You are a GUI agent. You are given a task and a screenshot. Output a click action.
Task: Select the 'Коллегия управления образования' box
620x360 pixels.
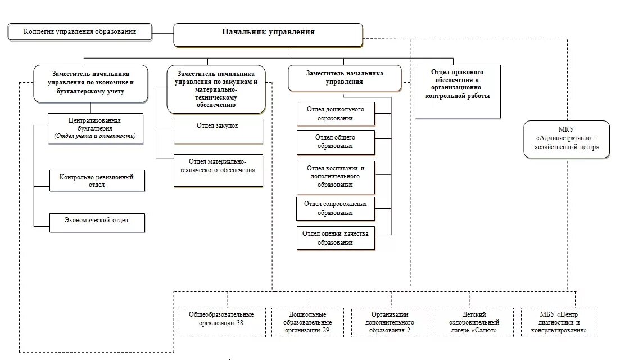pos(80,31)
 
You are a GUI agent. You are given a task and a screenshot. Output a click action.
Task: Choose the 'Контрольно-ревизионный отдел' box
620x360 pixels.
pos(97,181)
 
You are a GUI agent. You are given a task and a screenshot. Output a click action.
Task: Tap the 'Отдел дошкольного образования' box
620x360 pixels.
pos(335,114)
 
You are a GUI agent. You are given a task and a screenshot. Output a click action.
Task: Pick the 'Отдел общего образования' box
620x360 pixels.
pos(335,142)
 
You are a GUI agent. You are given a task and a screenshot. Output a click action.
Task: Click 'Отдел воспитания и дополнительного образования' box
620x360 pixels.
pos(335,176)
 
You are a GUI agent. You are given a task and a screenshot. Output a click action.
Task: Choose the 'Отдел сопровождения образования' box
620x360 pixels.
pos(335,208)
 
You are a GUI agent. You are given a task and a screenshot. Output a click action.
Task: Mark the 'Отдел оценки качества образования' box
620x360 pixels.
pos(335,238)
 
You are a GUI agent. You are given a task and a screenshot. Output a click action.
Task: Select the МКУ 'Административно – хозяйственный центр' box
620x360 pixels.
pos(567,139)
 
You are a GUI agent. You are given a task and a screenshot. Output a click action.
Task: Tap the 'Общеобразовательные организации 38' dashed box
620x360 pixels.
pos(221,322)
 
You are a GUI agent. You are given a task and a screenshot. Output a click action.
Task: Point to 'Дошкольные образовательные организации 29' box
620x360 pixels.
pos(307,322)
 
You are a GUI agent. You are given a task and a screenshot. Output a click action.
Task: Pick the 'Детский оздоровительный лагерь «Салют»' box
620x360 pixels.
pos(474,322)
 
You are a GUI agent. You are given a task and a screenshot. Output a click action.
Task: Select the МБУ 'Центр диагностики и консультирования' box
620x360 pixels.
pos(559,322)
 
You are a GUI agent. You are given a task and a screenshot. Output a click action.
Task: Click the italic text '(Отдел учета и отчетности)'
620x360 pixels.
pos(95,136)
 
